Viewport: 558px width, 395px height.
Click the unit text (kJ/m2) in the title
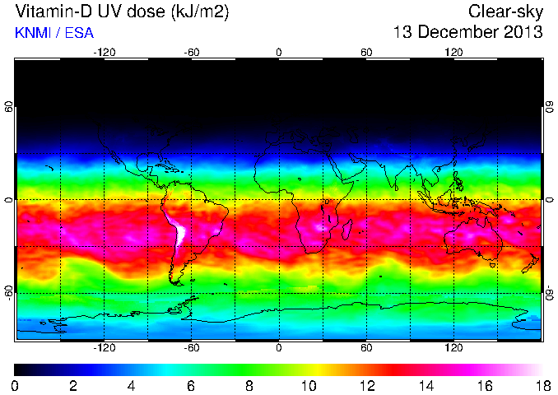(x=196, y=12)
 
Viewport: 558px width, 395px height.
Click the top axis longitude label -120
(x=104, y=53)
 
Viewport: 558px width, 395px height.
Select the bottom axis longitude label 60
(x=366, y=347)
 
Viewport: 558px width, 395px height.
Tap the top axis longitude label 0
(x=279, y=53)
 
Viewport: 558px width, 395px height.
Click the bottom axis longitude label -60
(x=192, y=347)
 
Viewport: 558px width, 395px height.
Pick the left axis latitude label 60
(x=9, y=107)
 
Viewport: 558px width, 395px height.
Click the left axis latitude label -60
(x=9, y=292)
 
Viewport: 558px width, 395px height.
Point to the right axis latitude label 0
(x=549, y=200)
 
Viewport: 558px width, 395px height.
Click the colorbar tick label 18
(x=541, y=385)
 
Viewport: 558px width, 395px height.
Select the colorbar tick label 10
(x=308, y=385)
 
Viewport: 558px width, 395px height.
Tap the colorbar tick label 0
(x=16, y=385)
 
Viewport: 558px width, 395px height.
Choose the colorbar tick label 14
(x=424, y=385)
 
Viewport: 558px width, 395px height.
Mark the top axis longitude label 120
(x=453, y=53)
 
